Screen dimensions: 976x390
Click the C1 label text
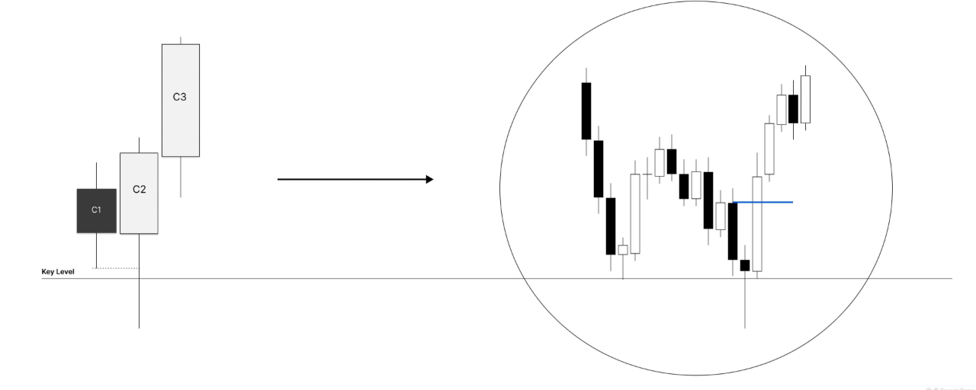coord(96,209)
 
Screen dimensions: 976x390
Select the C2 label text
coord(139,189)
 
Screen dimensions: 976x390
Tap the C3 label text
coord(180,97)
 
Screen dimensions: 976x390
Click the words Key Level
coord(58,271)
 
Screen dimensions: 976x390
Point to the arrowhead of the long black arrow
coord(429,180)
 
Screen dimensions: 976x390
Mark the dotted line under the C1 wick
coord(117,268)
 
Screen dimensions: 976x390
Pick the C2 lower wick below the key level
coord(139,305)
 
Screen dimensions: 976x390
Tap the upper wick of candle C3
coord(181,40)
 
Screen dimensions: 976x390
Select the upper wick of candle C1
coord(96,175)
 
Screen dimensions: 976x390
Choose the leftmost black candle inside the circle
coord(586,110)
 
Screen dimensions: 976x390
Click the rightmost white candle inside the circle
coord(805,99)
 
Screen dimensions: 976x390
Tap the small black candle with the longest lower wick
coord(745,265)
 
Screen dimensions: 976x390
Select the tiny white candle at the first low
coord(623,250)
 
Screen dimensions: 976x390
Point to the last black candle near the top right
coord(793,108)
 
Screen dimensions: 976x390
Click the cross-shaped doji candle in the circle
coord(647,174)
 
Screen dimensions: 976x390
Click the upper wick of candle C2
coord(139,145)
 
